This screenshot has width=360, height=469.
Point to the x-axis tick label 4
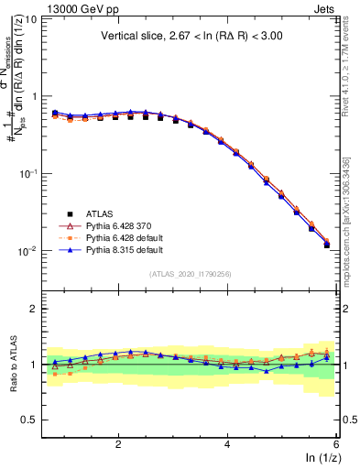coord(227,444)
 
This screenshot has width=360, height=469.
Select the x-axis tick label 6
coord(335,444)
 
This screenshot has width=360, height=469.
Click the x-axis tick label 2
coord(118,444)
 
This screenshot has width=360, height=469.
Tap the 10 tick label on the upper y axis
coord(30,19)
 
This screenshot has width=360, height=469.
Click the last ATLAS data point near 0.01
coord(327,245)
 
